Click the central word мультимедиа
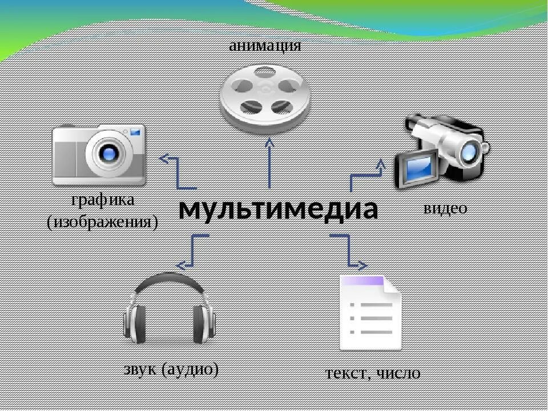[x=278, y=209]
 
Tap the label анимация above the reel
[x=265, y=45]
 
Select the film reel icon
[x=265, y=97]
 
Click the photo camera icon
[x=99, y=154]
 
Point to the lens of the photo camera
[x=107, y=152]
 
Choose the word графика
[x=103, y=200]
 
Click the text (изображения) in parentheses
[x=102, y=221]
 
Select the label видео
[x=445, y=208]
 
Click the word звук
[x=140, y=369]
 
